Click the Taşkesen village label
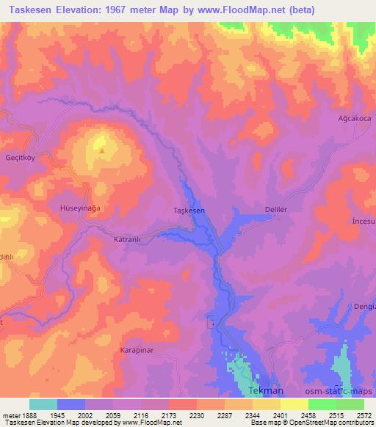(189, 211)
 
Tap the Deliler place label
(275, 209)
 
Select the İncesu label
(364, 221)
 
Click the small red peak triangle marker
(102, 151)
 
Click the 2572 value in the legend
(364, 415)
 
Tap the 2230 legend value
(197, 415)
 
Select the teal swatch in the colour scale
(43, 404)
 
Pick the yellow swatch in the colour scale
(294, 404)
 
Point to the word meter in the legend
(10, 415)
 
